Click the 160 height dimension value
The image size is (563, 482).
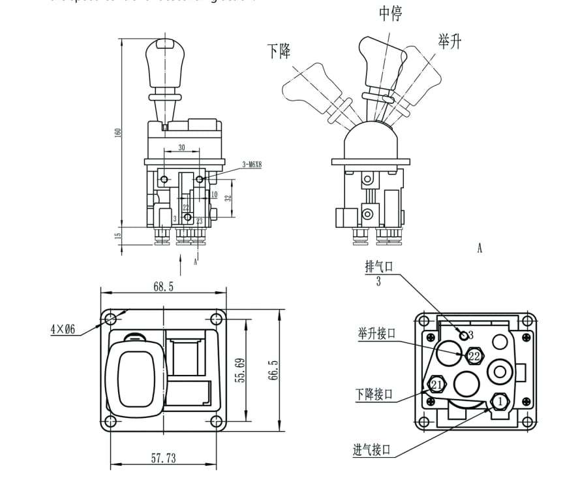coord(118,133)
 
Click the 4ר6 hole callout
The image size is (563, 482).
coord(63,330)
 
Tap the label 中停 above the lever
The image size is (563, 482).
coord(390,14)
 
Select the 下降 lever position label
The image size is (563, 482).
coord(279,51)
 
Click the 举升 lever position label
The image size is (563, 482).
coord(449,42)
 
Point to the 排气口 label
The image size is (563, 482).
coord(378,267)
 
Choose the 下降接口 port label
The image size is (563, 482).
coord(374,394)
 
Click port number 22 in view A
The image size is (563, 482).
coord(474,357)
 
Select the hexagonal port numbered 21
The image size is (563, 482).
coord(436,385)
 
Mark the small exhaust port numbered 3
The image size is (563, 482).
coord(465,336)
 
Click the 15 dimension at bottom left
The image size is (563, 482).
coord(118,236)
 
